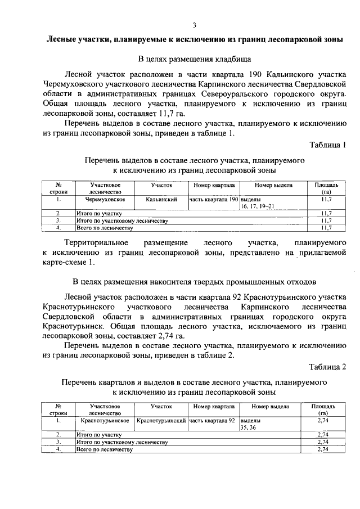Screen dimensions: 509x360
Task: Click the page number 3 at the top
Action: (x=195, y=25)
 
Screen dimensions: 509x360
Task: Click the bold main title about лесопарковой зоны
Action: (x=195, y=40)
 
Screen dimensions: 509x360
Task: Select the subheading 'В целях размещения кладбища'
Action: (x=195, y=58)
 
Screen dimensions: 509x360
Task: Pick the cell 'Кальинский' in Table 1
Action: (x=161, y=199)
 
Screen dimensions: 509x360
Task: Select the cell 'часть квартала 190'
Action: (x=214, y=199)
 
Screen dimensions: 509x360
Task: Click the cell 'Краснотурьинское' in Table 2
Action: (x=105, y=420)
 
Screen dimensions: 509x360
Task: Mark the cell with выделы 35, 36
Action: (x=251, y=424)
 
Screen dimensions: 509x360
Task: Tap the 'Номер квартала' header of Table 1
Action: (x=214, y=184)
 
